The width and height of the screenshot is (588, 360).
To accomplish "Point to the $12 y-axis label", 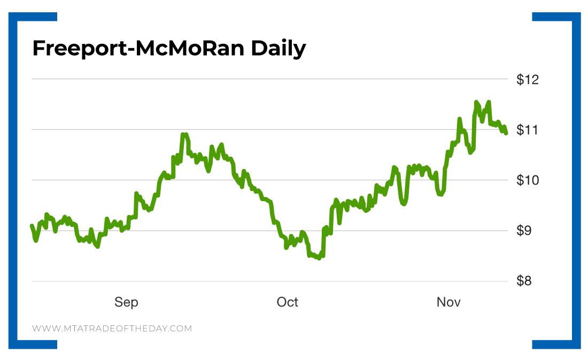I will [x=528, y=80].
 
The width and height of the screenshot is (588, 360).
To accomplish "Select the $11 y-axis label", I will [x=528, y=130].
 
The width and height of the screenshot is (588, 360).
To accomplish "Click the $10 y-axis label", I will [x=528, y=180].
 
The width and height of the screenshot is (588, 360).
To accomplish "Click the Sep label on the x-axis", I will [x=126, y=302].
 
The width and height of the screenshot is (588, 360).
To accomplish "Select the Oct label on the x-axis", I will [x=287, y=302].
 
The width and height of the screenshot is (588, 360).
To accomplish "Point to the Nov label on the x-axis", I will [x=448, y=302].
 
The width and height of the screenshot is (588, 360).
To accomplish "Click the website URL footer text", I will [x=112, y=328].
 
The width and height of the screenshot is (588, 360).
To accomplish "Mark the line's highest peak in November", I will [x=476, y=102].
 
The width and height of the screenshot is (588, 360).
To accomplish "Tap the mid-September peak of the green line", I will [x=184, y=134].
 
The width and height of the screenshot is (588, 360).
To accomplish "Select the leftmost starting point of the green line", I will [x=32, y=226].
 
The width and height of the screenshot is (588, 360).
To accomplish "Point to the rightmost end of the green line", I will [x=506, y=133].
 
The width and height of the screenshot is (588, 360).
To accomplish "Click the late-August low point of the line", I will [x=97, y=246].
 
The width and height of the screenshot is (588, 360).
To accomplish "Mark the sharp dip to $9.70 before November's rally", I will [x=440, y=194].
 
